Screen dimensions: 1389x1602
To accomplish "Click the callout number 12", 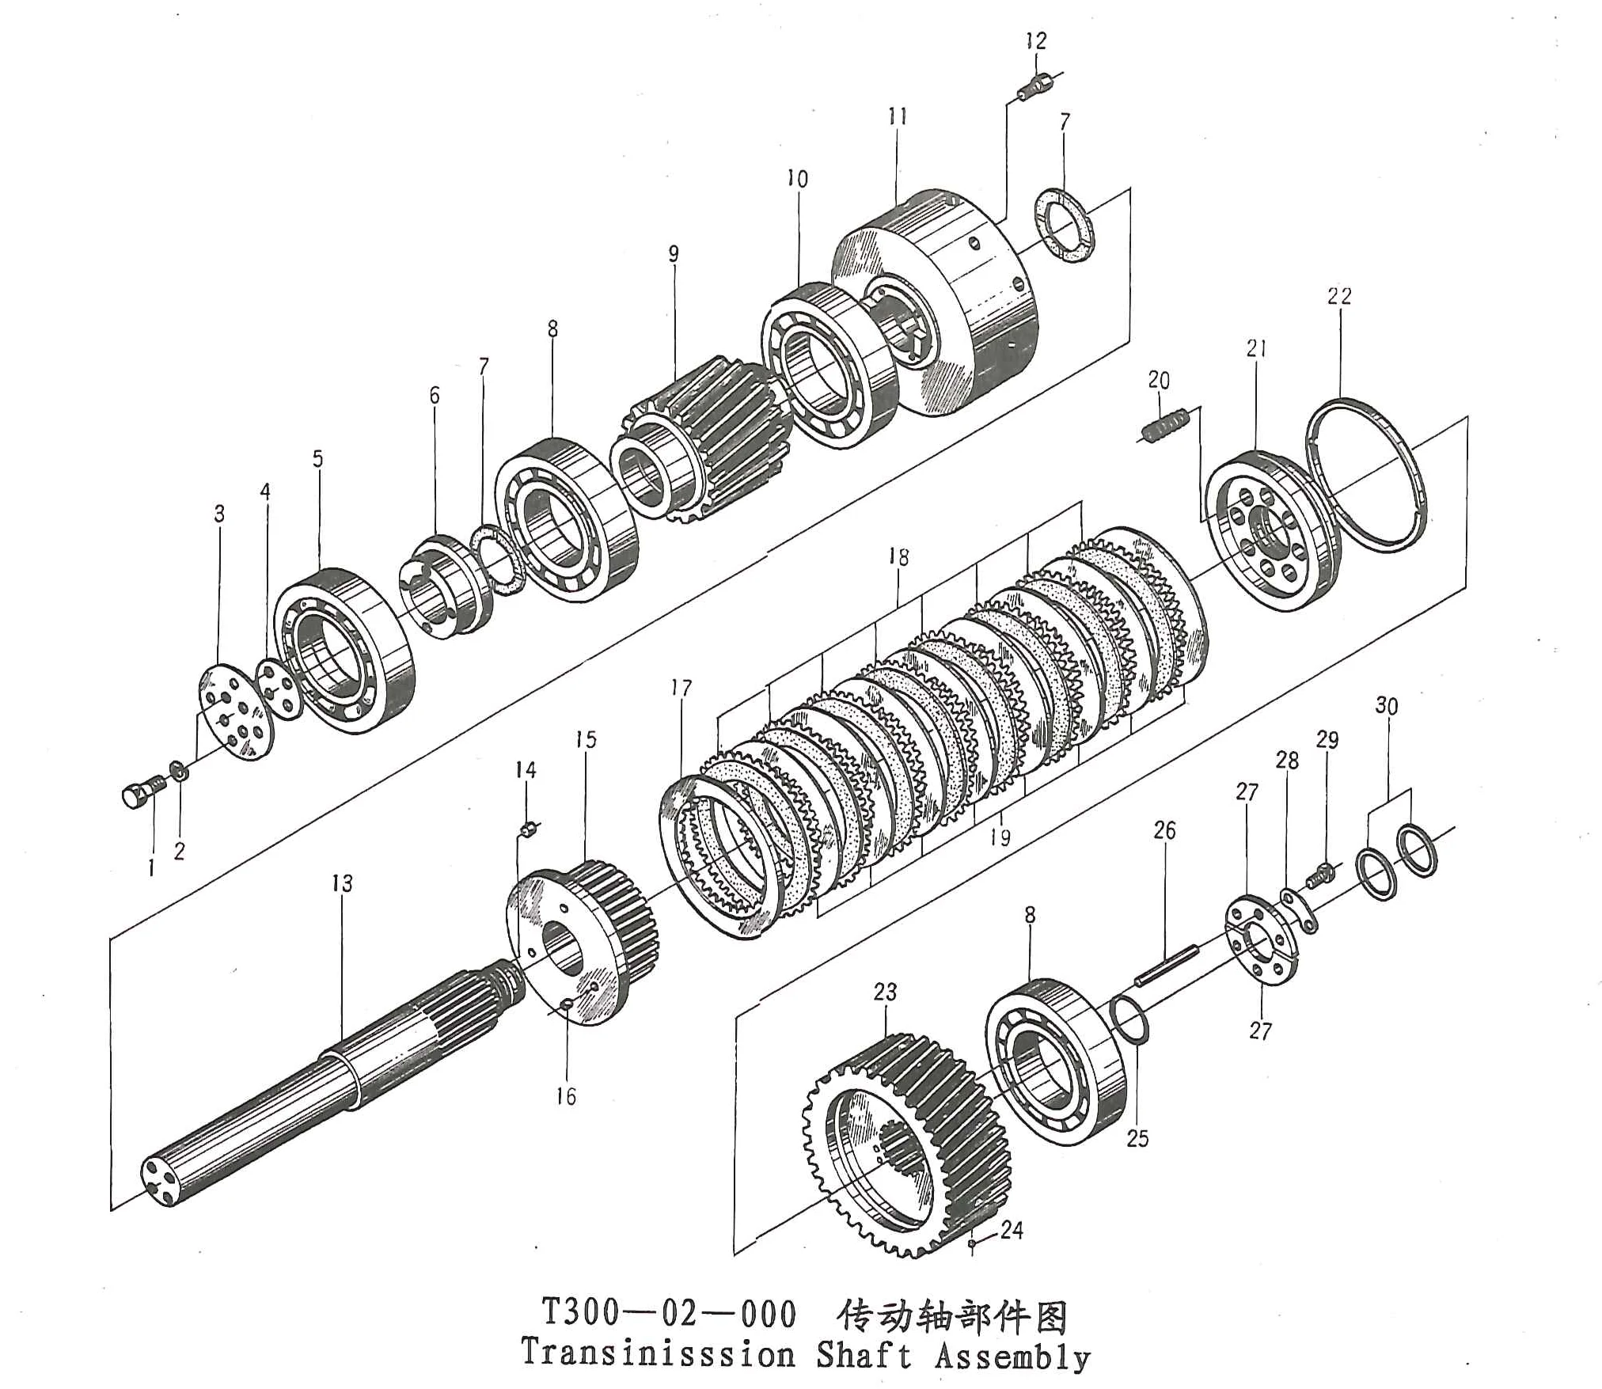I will (x=1035, y=41).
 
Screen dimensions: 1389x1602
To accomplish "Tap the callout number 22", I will (x=1339, y=296).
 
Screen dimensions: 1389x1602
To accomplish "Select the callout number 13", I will (x=342, y=883).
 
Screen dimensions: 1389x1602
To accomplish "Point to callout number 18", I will (x=898, y=557).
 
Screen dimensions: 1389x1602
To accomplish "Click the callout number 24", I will (x=1012, y=1230).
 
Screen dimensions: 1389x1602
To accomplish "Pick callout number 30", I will (x=1386, y=706).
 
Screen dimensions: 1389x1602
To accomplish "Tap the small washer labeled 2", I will (x=180, y=769).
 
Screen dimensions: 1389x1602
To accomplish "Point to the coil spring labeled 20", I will (x=1165, y=427).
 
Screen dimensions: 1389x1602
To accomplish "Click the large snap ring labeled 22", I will (x=1365, y=475).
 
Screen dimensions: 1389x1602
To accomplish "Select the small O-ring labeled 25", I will (x=1129, y=1022).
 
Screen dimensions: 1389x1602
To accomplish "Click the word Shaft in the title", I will (x=864, y=1354).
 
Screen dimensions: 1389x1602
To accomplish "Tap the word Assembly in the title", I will (x=1012, y=1356).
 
